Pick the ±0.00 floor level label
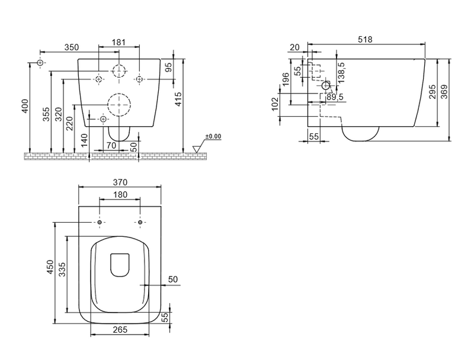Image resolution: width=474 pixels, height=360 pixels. point(213,137)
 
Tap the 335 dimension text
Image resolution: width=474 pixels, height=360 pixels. point(62,269)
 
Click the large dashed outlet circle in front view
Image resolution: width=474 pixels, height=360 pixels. point(119,105)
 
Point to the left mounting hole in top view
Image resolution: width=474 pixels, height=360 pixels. point(99,223)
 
